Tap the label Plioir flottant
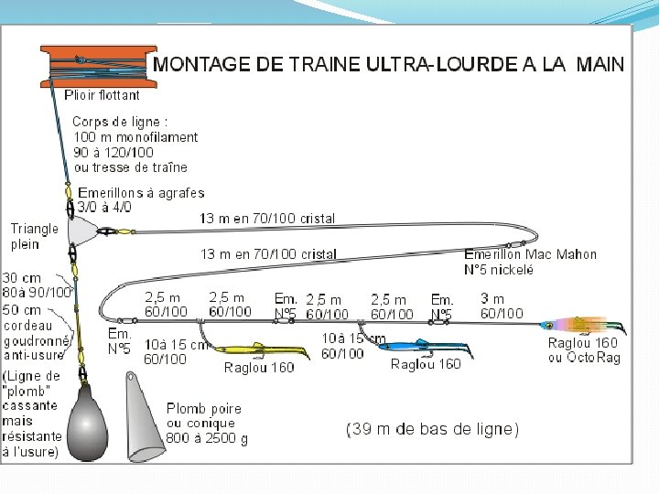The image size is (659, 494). [x=102, y=94]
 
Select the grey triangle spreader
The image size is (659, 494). [x=83, y=230]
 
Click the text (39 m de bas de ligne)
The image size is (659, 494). [x=432, y=428]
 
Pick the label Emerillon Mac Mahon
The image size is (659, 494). [x=530, y=254]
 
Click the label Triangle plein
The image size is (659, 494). [x=34, y=236]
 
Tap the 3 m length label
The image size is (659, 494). [x=492, y=299]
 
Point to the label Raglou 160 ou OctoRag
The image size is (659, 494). [x=583, y=350]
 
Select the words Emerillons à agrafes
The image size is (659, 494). [x=141, y=193]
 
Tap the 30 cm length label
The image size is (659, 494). [x=21, y=278]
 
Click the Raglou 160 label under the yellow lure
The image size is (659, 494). [x=259, y=368]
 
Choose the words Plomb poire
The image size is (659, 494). [x=204, y=409]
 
